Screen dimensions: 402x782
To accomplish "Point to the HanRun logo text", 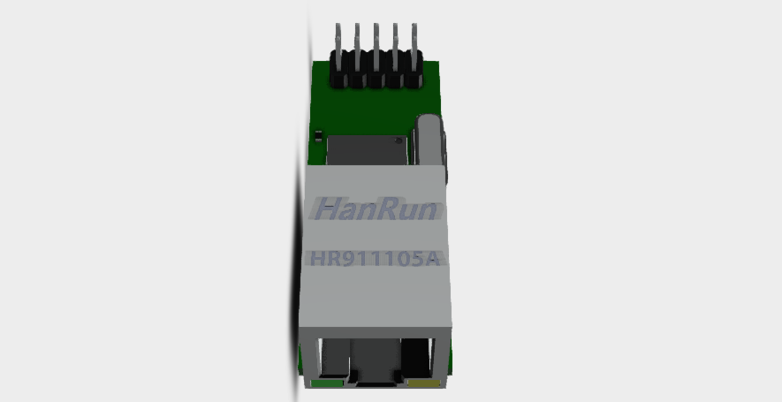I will click(x=376, y=210).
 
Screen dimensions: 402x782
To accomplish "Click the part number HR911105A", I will click(x=376, y=259).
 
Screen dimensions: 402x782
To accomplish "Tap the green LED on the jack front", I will click(x=327, y=383).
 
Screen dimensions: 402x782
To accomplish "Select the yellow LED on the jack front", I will click(x=425, y=383).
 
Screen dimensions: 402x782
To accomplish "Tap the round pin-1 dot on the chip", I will click(x=403, y=140).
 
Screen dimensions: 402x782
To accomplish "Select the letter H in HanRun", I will click(x=328, y=210).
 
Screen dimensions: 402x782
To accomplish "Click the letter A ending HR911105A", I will click(x=434, y=259).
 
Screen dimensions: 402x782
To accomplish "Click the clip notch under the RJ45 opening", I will click(x=375, y=381).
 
